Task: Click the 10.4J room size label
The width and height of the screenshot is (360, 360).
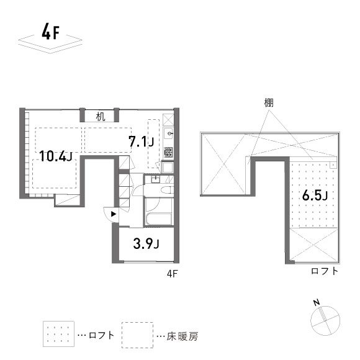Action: click(x=56, y=156)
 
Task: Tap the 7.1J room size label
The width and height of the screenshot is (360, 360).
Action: click(x=141, y=142)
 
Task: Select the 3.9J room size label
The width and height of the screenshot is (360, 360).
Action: click(x=146, y=243)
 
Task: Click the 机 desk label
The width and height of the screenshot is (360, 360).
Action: click(x=100, y=115)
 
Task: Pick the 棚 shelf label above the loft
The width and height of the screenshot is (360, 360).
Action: click(x=268, y=102)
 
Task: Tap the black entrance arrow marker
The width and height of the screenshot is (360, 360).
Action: click(x=113, y=215)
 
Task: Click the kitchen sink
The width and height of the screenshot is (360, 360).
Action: click(x=169, y=134)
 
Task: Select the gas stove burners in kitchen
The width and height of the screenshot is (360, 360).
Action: click(x=168, y=151)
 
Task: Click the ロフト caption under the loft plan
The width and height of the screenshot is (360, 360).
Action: click(x=325, y=271)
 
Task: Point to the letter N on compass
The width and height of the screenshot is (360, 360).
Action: click(x=316, y=303)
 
